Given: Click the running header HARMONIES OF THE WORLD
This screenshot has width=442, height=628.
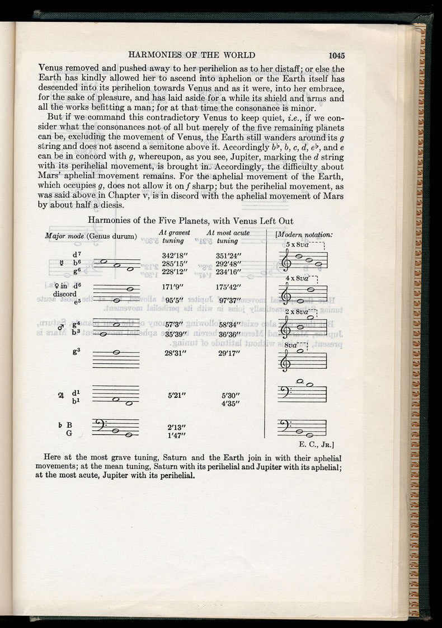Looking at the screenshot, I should (x=191, y=55).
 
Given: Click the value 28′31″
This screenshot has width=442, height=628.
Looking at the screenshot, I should (x=175, y=353).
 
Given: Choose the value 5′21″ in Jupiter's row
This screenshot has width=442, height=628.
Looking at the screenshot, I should (x=177, y=395).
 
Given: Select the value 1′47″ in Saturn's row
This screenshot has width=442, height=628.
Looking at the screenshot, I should (x=175, y=433).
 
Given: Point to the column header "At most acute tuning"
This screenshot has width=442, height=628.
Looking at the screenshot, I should (x=228, y=236).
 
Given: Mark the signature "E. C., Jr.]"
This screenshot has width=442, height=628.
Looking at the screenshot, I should (x=317, y=446).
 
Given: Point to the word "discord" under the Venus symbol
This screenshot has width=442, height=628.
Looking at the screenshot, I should (x=64, y=294).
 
